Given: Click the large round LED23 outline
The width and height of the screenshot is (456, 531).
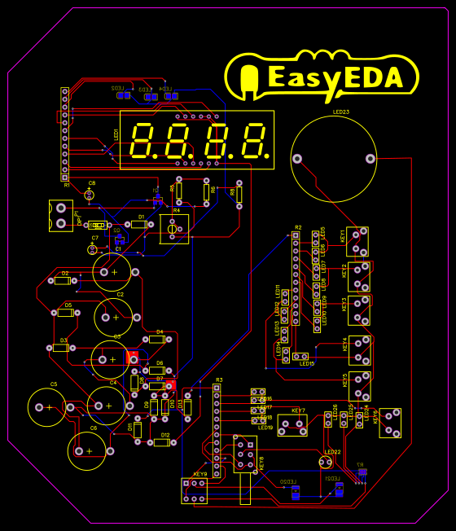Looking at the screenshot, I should coord(334,159).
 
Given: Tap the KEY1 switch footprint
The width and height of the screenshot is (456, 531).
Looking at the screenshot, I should coord(358,240).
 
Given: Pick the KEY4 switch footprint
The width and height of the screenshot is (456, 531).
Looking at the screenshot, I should coord(359,349).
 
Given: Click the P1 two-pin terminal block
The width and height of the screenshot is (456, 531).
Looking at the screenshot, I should coord(60,215).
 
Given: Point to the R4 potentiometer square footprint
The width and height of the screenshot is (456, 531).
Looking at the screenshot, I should coord(173,229).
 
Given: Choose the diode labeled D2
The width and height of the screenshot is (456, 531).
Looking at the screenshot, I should coord(62,281).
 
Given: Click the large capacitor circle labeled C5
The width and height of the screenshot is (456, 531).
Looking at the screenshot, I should coord(49,406).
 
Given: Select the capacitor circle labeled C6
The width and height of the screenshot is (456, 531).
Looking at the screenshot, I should coord(89,450).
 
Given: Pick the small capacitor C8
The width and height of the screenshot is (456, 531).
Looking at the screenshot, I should coord(90,194).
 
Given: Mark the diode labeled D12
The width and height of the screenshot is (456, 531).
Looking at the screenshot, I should coord(160,442).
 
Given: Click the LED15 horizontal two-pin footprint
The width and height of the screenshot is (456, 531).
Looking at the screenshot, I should coord(300,356).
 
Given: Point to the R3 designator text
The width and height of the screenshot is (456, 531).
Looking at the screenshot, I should coord(218,380).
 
